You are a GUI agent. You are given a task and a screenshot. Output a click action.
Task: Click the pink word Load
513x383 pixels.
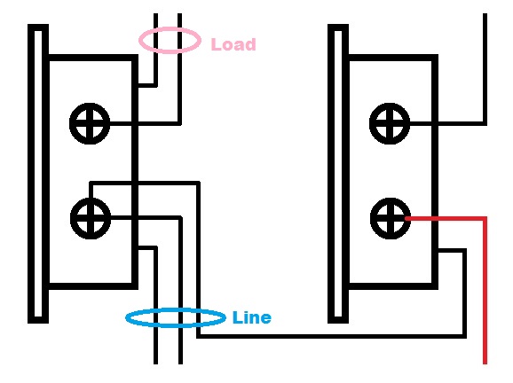click(x=233, y=44)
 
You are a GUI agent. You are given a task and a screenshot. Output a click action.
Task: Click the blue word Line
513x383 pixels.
click(x=251, y=317)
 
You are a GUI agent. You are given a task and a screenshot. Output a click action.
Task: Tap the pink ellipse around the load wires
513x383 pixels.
click(x=169, y=40)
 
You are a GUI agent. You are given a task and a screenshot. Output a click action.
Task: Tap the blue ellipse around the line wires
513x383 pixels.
click(x=175, y=317)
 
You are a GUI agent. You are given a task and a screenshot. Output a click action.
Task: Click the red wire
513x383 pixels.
click(x=485, y=293)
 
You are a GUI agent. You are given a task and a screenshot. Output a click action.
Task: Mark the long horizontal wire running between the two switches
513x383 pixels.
click(x=328, y=335)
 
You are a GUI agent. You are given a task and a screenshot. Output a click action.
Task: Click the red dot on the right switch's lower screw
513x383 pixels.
click(x=406, y=216)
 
